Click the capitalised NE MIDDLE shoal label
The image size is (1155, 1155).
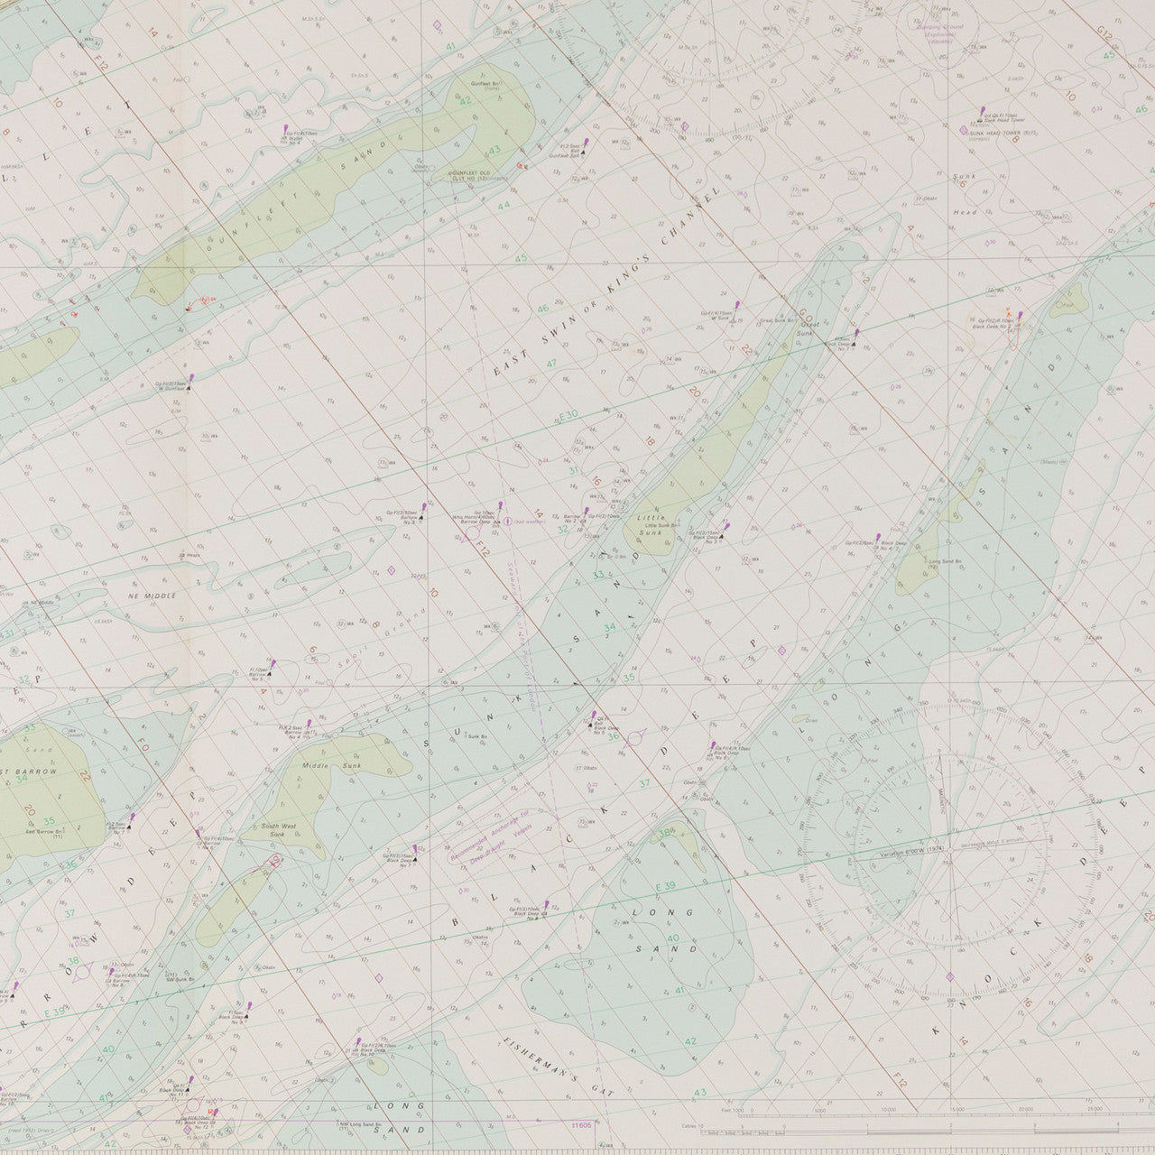pyautogui.click(x=152, y=596)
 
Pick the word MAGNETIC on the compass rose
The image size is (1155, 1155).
pyautogui.click(x=944, y=794)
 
